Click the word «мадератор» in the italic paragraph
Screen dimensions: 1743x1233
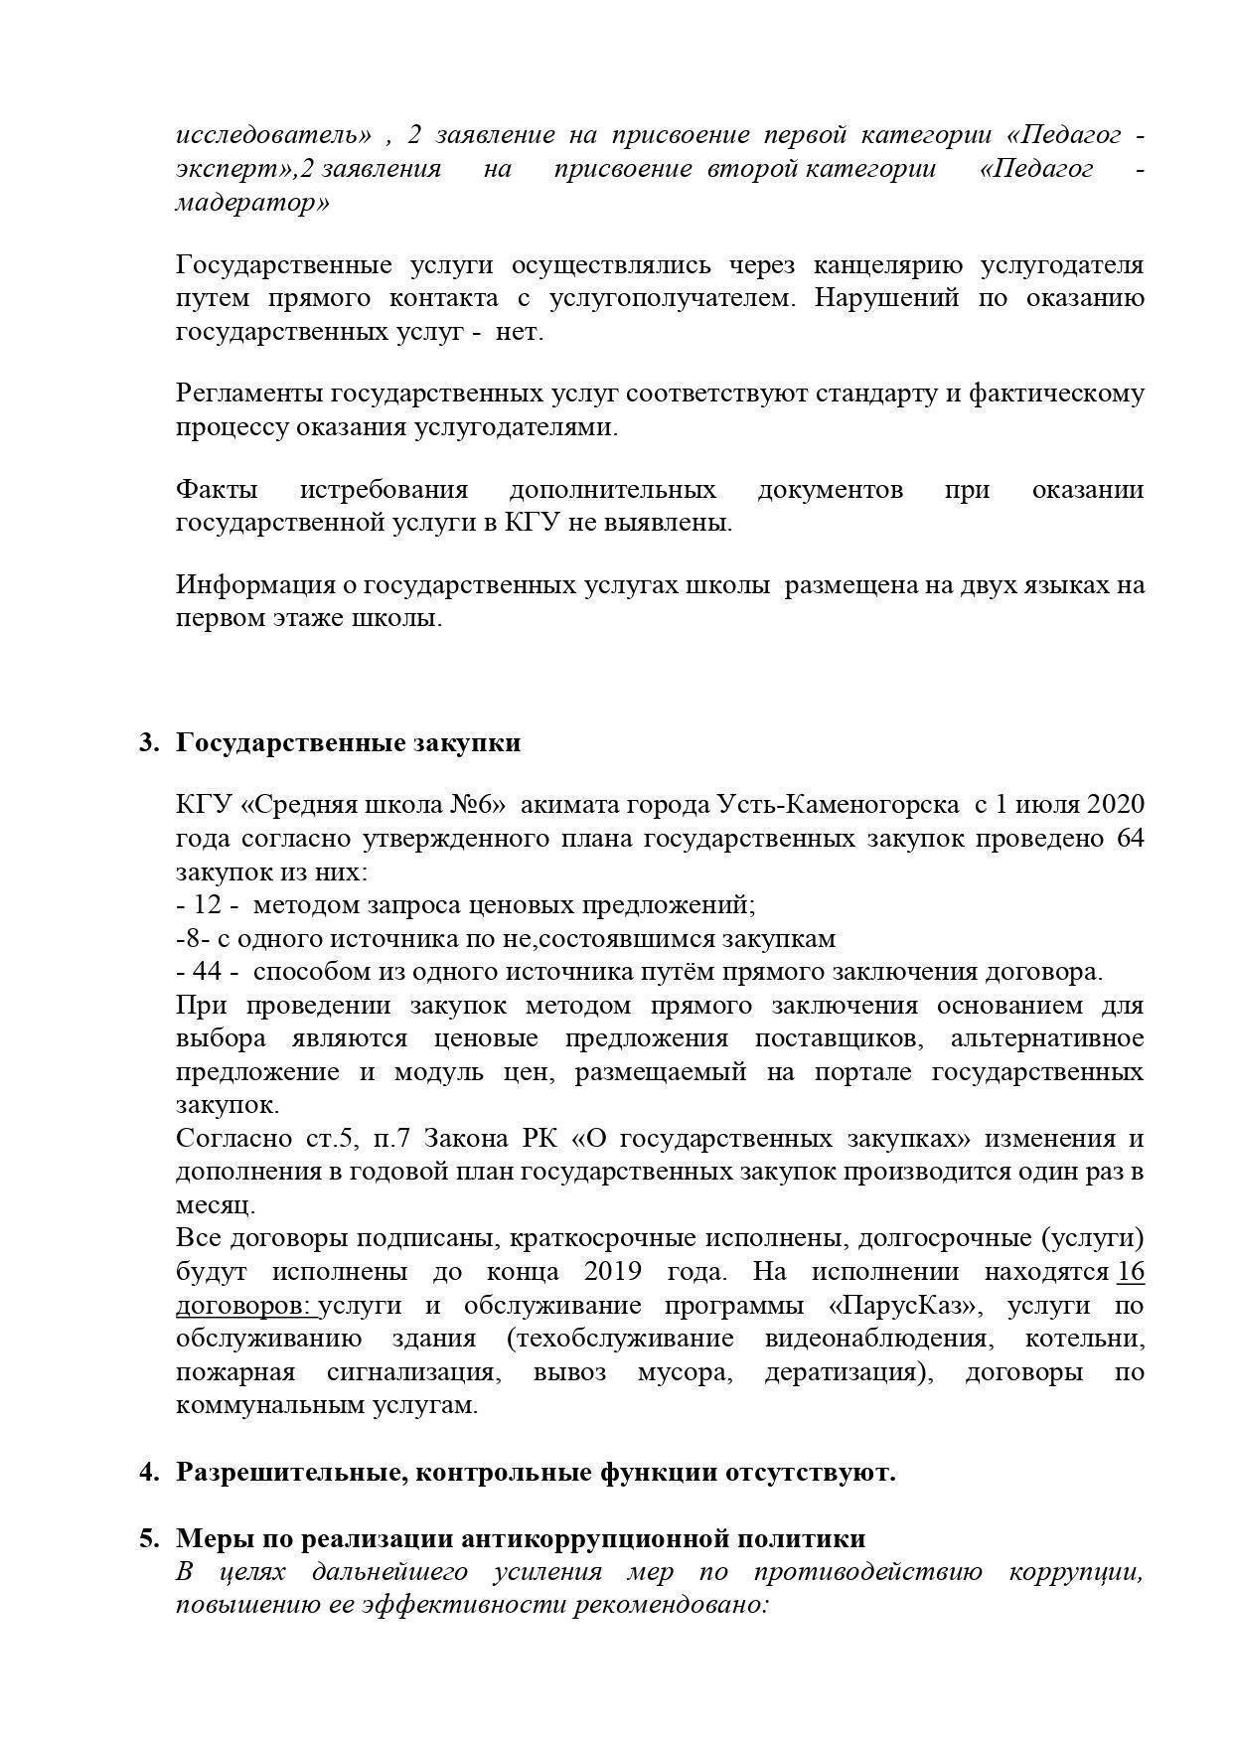click(x=252, y=203)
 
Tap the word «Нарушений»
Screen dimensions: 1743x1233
click(x=886, y=298)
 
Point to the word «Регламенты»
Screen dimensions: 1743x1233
click(x=248, y=394)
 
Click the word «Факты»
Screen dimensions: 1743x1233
click(x=217, y=490)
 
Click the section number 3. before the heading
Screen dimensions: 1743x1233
click(x=149, y=743)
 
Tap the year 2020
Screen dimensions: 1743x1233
click(x=1116, y=803)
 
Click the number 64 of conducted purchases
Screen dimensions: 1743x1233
click(x=1130, y=837)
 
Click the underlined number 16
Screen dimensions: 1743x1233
click(x=1131, y=1272)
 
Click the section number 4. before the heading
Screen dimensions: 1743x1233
click(x=149, y=1472)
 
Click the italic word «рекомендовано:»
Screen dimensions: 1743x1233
click(x=671, y=1605)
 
